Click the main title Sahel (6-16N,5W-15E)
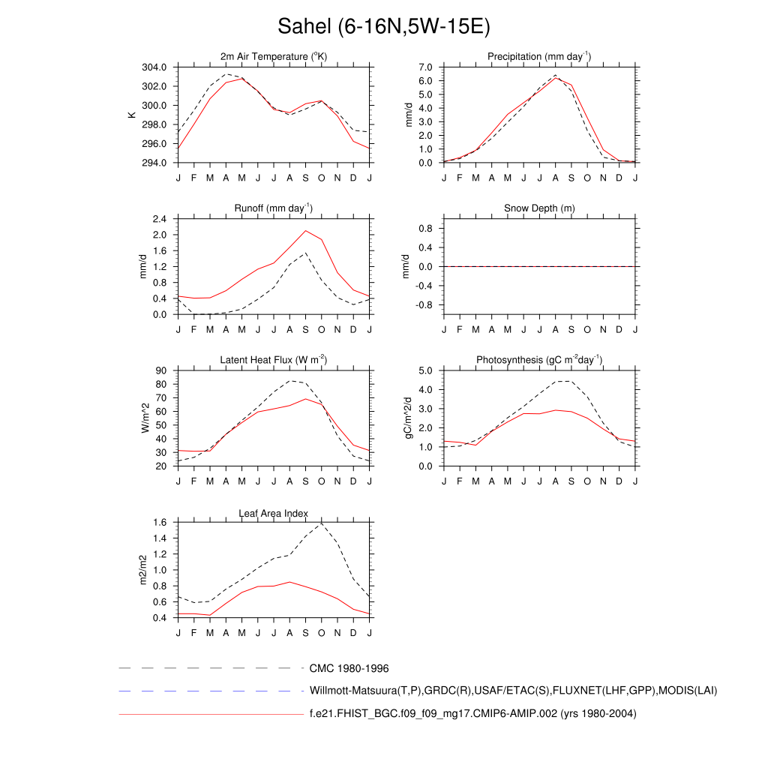point(383,27)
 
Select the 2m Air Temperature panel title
point(274,56)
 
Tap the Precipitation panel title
point(539,56)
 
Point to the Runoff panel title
point(274,208)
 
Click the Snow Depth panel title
point(539,208)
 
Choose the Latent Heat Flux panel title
point(274,360)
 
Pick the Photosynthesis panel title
point(539,360)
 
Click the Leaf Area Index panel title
point(274,513)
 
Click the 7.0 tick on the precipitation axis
point(427,67)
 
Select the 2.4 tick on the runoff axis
point(159,219)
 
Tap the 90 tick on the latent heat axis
point(161,371)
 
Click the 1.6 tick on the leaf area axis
point(159,523)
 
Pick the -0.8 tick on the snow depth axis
point(424,305)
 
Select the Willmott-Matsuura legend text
point(513,690)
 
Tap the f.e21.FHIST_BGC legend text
point(472,714)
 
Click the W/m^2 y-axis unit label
point(145,418)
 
